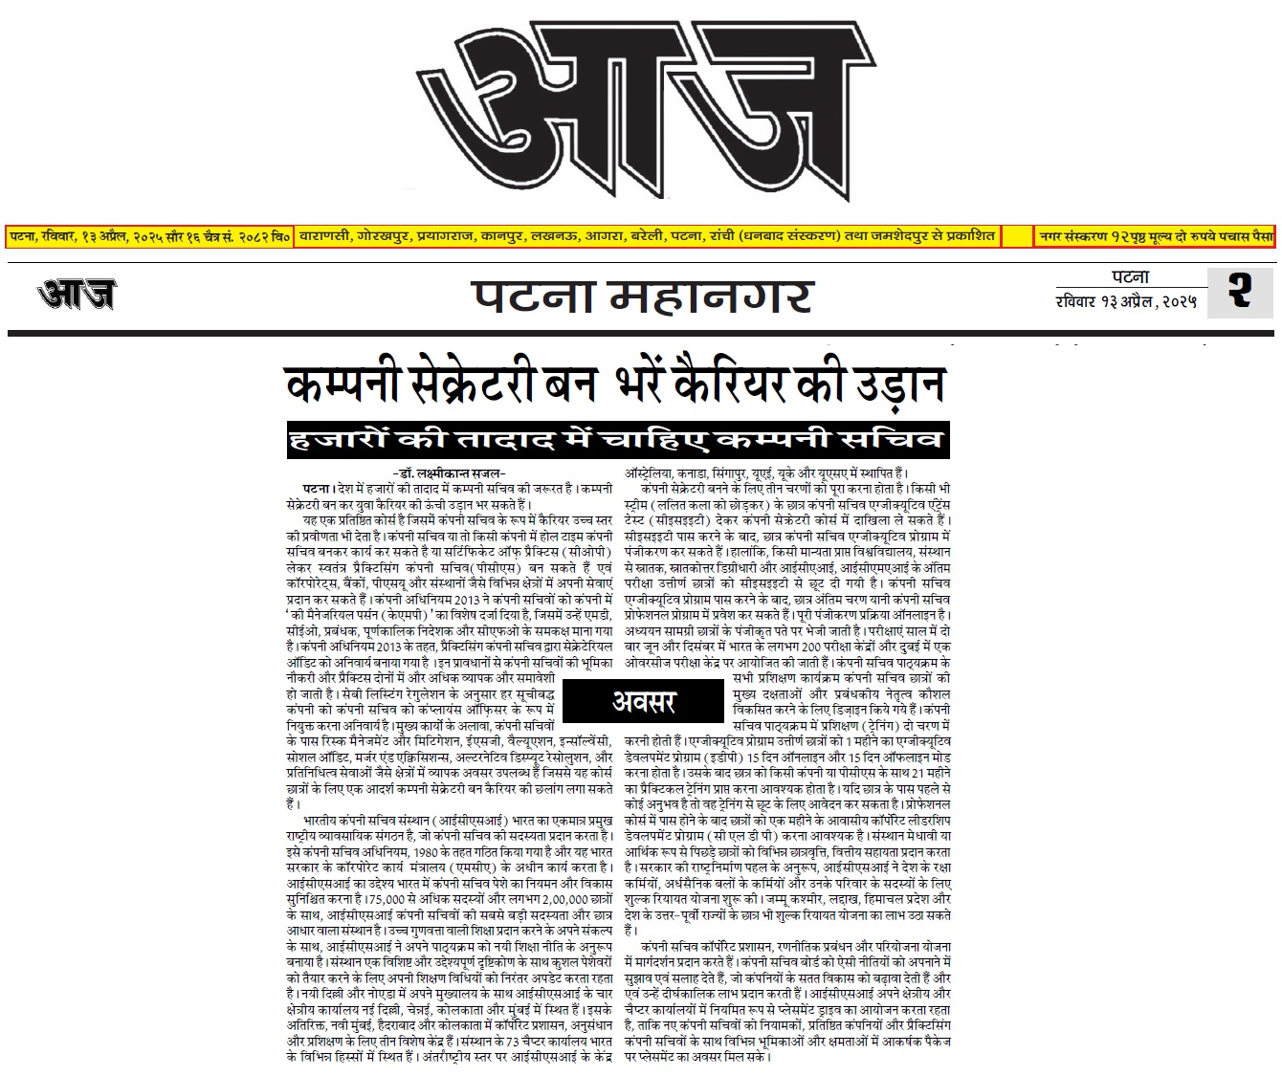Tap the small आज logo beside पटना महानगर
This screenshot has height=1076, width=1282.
77,294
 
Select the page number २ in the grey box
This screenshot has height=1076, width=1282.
1240,291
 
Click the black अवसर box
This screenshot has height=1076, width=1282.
643,701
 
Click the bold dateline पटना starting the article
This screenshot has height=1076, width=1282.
318,489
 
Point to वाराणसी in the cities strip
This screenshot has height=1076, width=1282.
326,235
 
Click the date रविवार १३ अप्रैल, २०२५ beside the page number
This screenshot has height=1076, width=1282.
1125,303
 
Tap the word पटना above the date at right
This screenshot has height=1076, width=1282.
1130,277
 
